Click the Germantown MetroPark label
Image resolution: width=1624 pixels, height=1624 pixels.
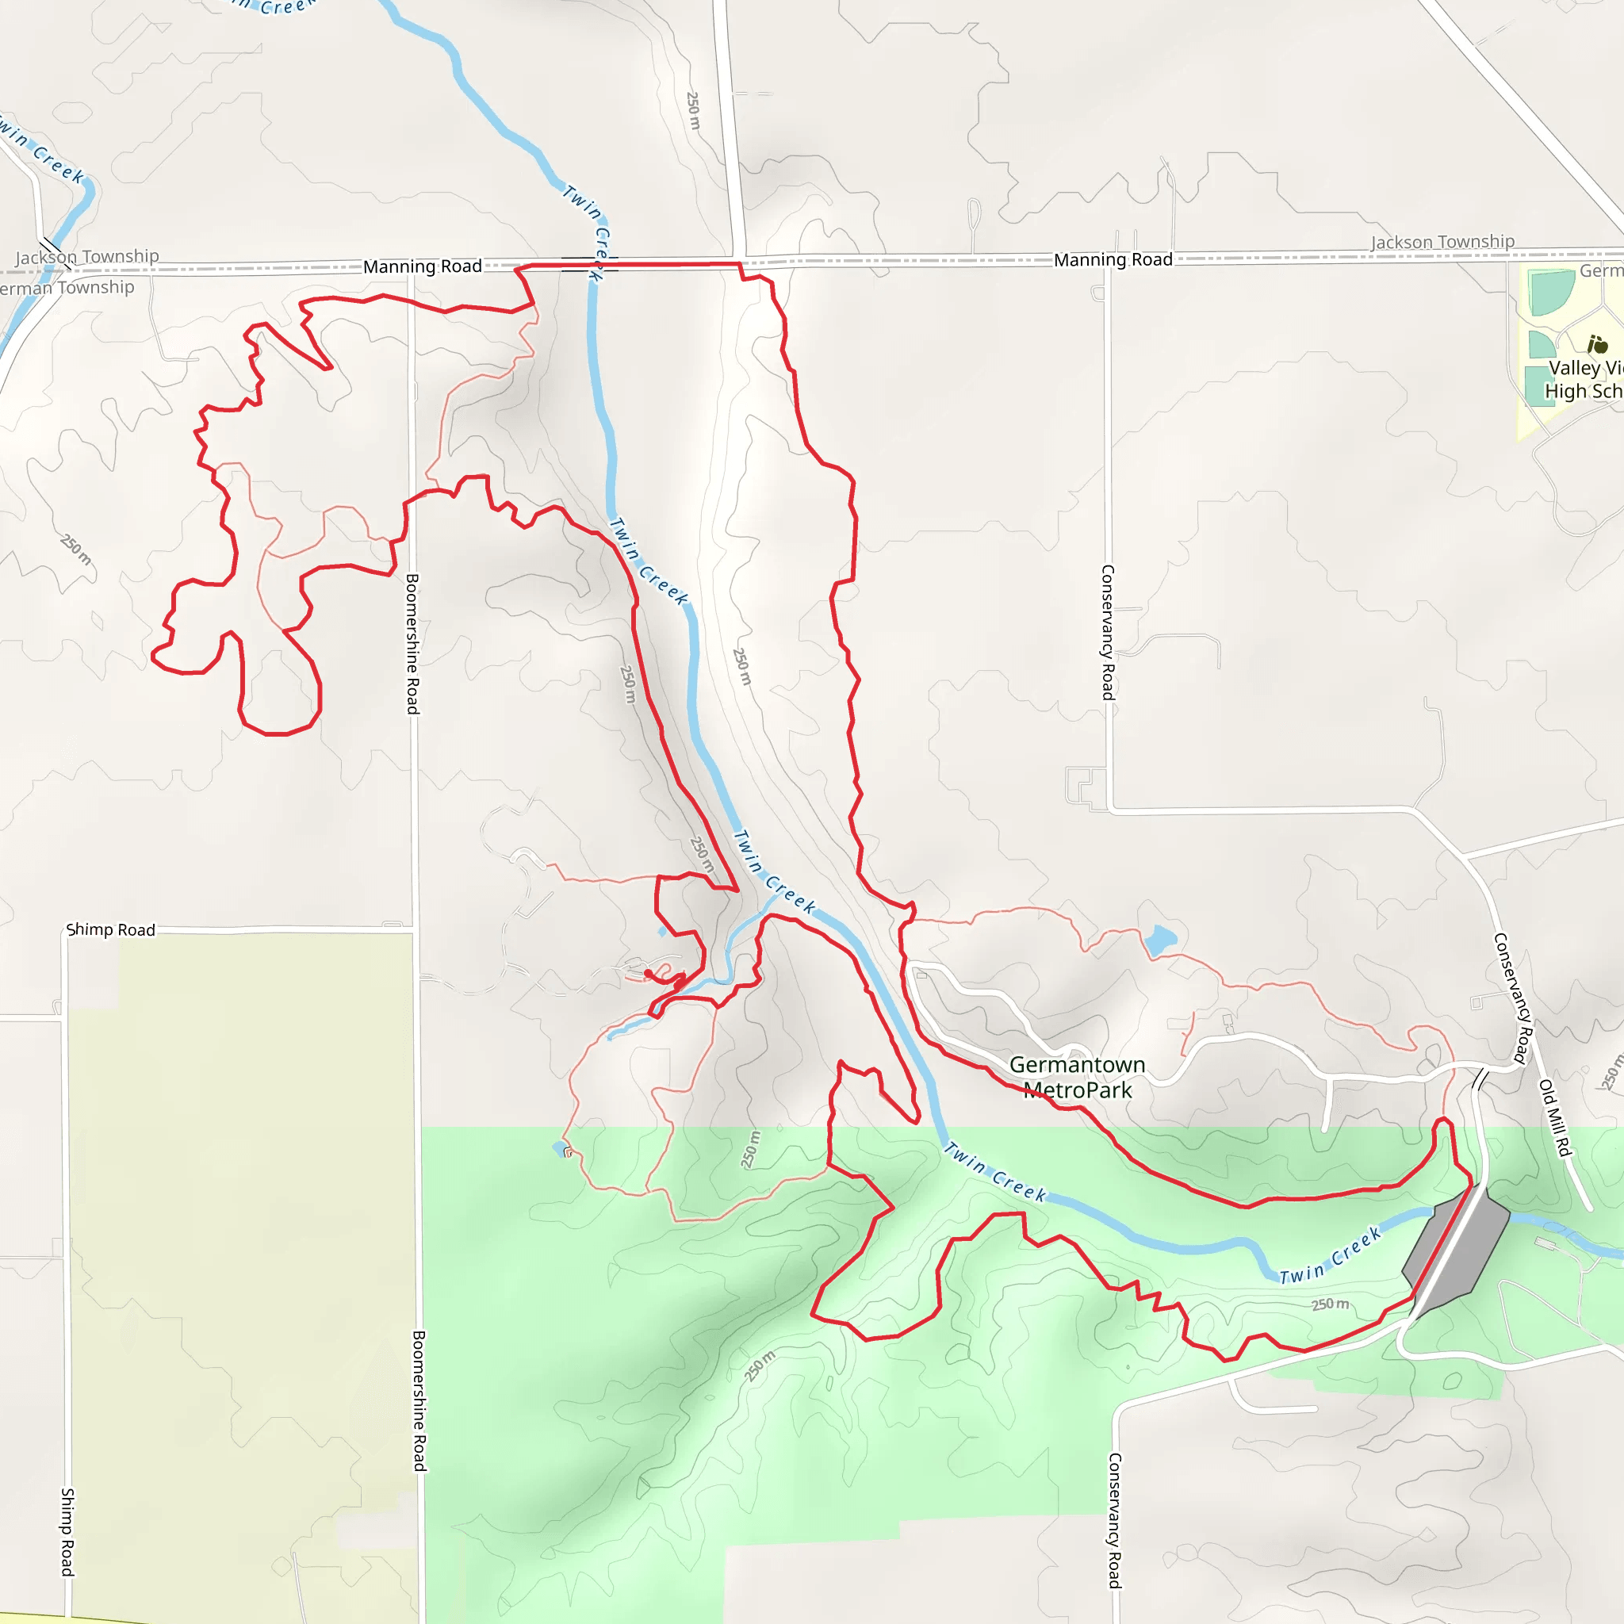[x=1077, y=1078]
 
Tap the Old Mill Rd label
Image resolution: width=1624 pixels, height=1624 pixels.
[x=1554, y=1118]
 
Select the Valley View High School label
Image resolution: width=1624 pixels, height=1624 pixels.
[x=1584, y=379]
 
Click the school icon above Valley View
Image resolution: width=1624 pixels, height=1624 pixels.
[x=1597, y=345]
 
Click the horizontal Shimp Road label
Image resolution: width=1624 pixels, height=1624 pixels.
[x=111, y=929]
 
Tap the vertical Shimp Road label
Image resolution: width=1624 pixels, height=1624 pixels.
[x=67, y=1531]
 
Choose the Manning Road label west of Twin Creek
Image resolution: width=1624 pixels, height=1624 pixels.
[x=422, y=266]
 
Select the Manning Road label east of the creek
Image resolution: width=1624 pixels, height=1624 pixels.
[x=1113, y=260]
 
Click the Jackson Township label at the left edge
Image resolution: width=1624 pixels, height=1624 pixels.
[x=87, y=256]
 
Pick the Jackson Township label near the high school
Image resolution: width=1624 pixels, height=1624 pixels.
[x=1442, y=242]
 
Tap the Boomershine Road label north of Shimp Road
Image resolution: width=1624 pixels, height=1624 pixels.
[x=412, y=644]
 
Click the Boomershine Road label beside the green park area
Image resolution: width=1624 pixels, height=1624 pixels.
[x=419, y=1400]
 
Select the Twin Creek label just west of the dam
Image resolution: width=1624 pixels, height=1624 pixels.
[x=1331, y=1256]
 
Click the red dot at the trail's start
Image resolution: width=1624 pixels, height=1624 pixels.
[x=648, y=974]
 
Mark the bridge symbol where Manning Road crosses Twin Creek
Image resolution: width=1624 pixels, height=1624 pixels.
[x=590, y=265]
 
